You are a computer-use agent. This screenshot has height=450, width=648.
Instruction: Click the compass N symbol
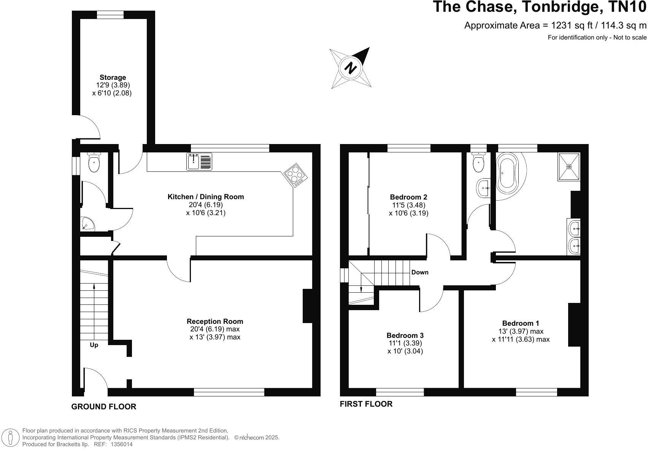(350, 68)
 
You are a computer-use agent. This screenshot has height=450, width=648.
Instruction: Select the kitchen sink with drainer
(200, 162)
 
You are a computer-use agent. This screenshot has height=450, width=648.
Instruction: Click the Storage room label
(113, 78)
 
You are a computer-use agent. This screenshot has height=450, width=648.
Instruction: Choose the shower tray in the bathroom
(569, 166)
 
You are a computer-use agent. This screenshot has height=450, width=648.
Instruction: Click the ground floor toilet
(94, 163)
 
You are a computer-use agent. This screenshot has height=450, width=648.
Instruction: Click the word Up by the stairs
(94, 345)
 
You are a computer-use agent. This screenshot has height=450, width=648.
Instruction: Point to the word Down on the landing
(419, 272)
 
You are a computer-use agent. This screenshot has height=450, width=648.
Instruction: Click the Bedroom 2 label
(408, 197)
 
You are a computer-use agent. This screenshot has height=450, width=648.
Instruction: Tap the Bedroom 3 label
(405, 335)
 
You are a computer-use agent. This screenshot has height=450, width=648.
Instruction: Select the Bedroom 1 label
(520, 323)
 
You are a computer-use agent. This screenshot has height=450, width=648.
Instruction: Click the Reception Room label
(215, 322)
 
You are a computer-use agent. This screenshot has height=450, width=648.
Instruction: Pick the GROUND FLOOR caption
(103, 407)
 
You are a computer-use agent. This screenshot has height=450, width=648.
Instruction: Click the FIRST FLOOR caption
(366, 404)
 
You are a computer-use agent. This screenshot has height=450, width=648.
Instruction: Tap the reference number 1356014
(121, 444)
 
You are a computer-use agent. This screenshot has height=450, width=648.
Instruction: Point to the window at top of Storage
(110, 15)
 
